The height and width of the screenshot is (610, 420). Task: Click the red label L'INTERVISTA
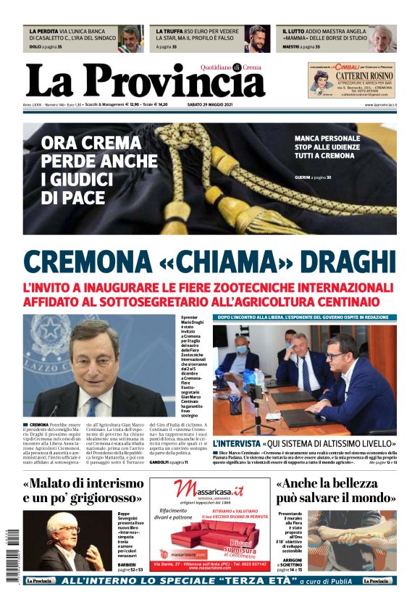coord(236,443)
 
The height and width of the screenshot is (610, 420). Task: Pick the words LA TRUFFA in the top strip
coord(168,32)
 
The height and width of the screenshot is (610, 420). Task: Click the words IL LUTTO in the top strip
coord(293,32)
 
